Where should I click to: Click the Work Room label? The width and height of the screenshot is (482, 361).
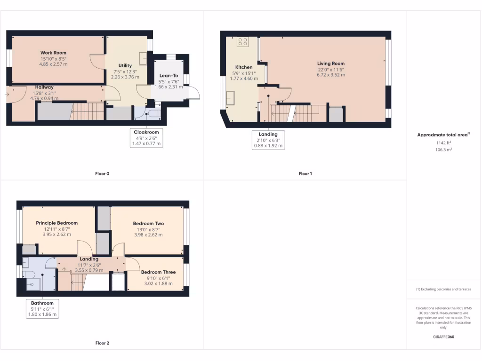point(53,53)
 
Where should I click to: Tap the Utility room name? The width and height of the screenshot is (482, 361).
point(125,65)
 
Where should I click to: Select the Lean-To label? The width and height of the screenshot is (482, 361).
point(169,75)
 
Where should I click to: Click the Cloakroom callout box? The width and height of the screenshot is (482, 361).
point(146,138)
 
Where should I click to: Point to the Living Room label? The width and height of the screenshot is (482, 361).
point(330,63)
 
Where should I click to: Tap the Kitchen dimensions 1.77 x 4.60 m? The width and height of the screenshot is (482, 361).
point(243,78)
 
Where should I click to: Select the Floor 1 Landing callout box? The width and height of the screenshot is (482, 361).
point(268,140)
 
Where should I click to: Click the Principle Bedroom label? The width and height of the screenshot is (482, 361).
point(56,223)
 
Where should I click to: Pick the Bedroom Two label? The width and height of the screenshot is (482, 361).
point(148,223)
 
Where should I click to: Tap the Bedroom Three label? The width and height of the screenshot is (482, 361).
point(158,272)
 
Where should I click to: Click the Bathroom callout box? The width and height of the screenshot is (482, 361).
point(42,309)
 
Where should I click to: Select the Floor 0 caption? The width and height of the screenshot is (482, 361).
point(102,174)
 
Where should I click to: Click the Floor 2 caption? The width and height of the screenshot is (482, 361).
point(102,343)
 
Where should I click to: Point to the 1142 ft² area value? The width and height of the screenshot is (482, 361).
point(444,143)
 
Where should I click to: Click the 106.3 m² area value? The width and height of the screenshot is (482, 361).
point(444,149)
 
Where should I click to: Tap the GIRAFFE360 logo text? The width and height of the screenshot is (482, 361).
point(443,337)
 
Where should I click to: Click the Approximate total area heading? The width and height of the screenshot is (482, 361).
point(443,135)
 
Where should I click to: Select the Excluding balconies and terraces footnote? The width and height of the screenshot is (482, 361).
point(443,289)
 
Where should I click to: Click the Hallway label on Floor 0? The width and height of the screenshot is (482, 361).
point(44,87)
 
